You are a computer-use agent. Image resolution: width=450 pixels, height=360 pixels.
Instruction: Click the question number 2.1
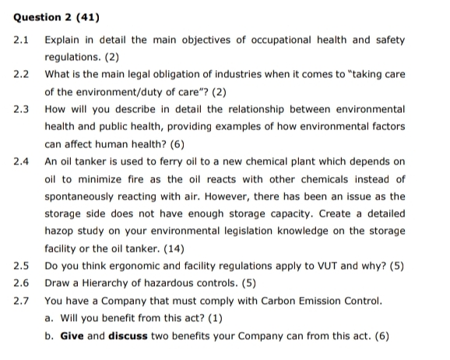[x=21, y=39]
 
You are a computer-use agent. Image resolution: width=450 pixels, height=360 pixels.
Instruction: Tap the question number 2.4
[x=21, y=161]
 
